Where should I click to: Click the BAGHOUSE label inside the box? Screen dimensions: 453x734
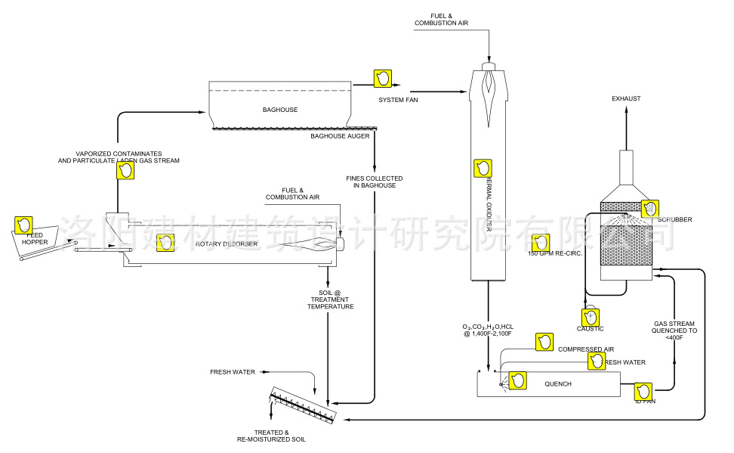coord(279,110)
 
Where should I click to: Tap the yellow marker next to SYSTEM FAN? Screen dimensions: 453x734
coord(383,78)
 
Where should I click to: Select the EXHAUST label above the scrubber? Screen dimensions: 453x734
coord(626,99)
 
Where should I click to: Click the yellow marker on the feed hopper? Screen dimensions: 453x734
coord(24,225)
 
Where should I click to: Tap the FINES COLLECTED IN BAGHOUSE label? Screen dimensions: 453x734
coord(374,182)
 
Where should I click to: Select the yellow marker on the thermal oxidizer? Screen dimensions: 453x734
coord(482,169)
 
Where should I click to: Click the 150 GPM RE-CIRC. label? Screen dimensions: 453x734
coord(556,253)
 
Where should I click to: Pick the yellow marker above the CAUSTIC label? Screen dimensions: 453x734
coord(589,318)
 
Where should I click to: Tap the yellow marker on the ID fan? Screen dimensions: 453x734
coord(643,391)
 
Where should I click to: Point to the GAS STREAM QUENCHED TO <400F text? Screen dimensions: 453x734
coord(675,330)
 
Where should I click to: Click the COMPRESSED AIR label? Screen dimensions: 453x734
coord(585,349)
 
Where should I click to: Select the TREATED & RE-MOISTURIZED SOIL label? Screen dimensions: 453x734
coord(273,436)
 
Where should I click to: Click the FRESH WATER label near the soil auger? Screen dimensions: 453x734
coord(233,372)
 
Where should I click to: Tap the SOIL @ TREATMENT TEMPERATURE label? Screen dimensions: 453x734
coord(330,299)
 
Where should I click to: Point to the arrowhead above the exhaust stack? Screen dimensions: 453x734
coord(626,110)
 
